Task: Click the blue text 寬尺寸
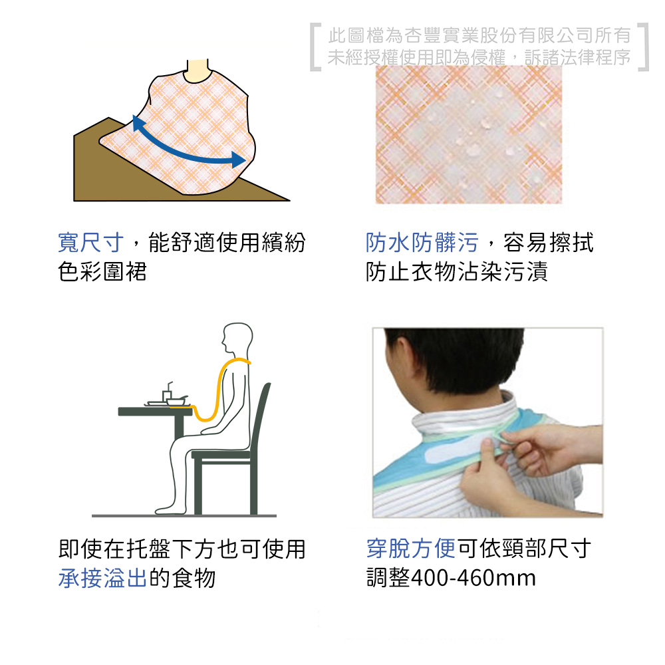90,243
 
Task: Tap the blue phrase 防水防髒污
422,243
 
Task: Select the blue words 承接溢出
102,578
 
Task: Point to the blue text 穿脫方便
410,549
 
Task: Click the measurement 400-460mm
473,578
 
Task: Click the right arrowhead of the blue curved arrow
238,160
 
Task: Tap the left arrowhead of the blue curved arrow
138,124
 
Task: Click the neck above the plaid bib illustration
198,70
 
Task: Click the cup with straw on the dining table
167,394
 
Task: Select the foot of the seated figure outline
166,509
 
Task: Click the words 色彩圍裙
102,272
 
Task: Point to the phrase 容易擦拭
549,243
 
